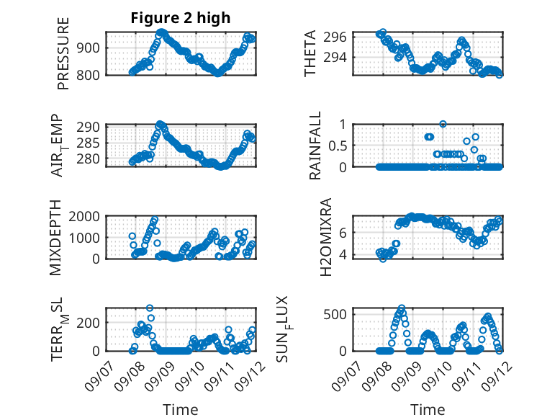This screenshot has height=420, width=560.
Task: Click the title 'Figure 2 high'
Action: point(180,18)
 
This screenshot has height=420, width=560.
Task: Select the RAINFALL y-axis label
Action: point(315,146)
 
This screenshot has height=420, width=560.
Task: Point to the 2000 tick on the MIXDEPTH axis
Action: point(86,216)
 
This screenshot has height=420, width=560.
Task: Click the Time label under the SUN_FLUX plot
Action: point(428,410)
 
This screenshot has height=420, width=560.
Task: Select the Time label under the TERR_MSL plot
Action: point(180,410)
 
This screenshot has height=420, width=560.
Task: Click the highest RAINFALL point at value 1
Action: point(443,124)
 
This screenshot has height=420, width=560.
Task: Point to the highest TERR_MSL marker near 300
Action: point(150,308)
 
